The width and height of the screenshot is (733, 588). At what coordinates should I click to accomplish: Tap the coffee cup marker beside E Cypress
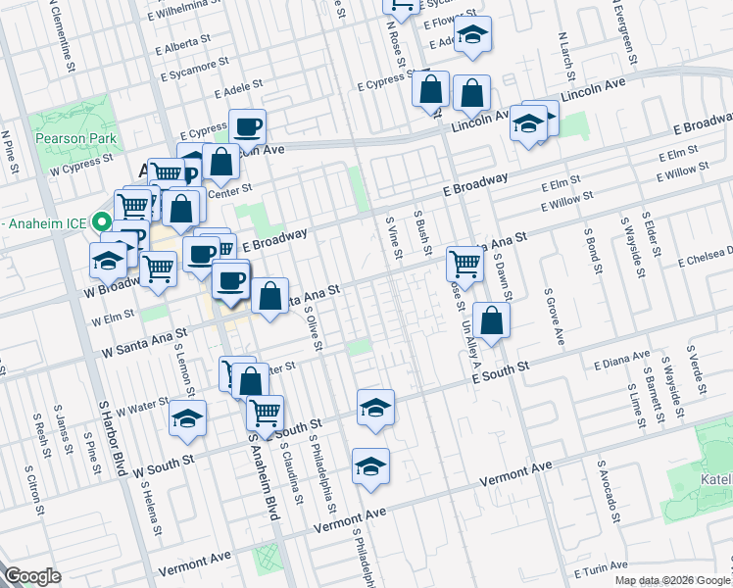pos(247,126)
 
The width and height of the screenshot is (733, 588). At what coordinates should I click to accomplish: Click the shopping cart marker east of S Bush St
pos(464,263)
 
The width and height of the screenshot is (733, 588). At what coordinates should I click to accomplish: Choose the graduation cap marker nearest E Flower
pos(472,35)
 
